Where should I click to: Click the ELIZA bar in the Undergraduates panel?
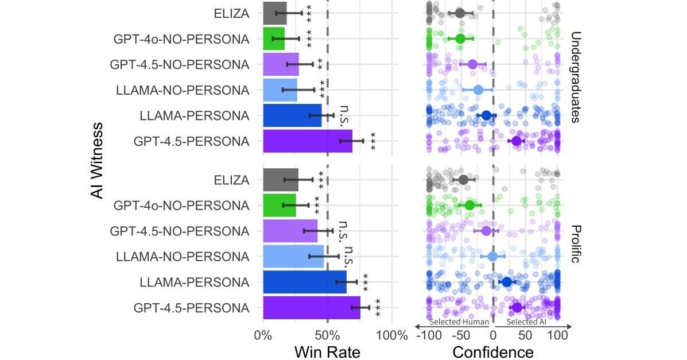274,13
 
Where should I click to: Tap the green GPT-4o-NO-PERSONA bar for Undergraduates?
273,39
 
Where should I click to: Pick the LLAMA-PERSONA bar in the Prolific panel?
304,282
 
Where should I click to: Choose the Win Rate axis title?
327,351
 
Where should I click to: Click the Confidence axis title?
493,351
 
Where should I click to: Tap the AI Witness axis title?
98,160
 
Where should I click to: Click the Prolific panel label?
576,244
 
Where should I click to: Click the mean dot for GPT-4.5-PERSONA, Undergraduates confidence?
516,141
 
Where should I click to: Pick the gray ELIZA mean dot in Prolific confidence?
463,180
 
